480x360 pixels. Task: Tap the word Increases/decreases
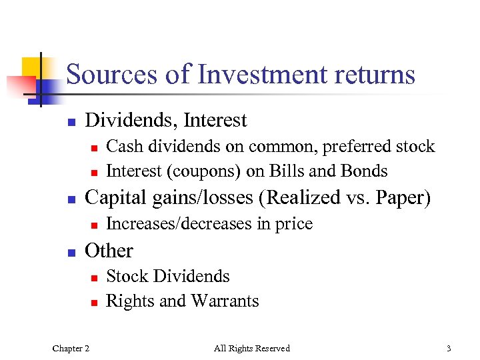coord(179,224)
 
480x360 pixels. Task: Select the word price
coord(293,224)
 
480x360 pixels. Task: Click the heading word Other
coord(109,251)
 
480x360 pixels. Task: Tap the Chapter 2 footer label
coord(71,348)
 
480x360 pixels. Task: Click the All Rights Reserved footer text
coord(252,348)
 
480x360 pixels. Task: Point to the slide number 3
coord(449,348)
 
